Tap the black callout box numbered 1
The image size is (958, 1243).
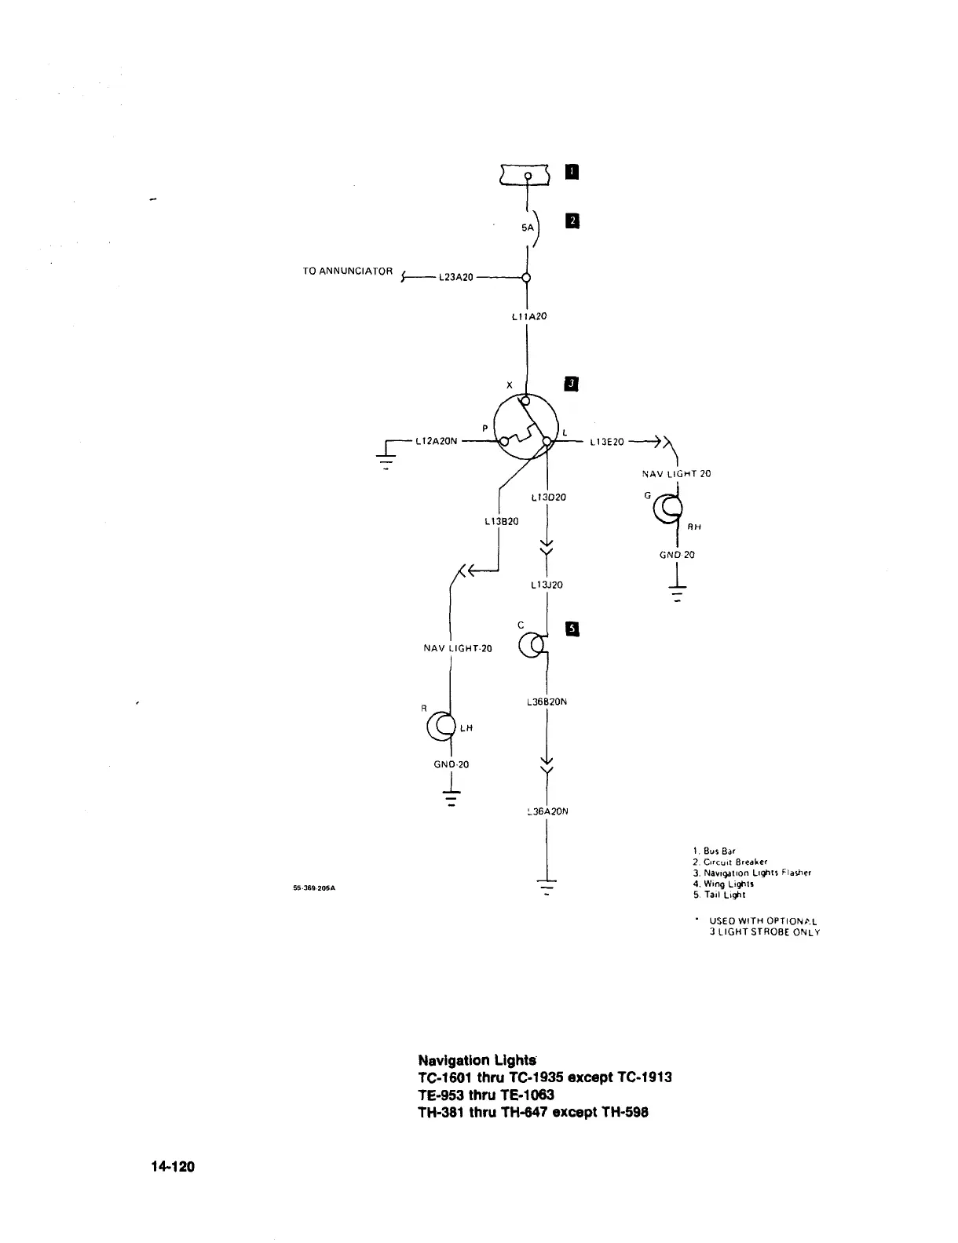click(x=572, y=172)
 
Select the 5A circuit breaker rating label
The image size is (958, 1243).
click(x=528, y=228)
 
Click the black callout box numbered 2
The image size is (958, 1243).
click(x=572, y=221)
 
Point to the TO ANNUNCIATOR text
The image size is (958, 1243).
click(x=347, y=272)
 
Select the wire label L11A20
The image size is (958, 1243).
click(x=528, y=316)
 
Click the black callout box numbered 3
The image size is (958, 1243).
click(x=572, y=383)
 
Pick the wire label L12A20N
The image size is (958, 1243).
click(x=437, y=442)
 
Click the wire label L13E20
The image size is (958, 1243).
click(x=607, y=442)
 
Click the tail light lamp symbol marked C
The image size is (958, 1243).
click(x=533, y=644)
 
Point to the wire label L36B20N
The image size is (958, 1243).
click(x=545, y=702)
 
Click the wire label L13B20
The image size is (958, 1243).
click(x=500, y=520)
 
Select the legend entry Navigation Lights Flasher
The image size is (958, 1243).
click(x=751, y=873)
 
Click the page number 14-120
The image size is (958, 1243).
click(x=173, y=1167)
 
